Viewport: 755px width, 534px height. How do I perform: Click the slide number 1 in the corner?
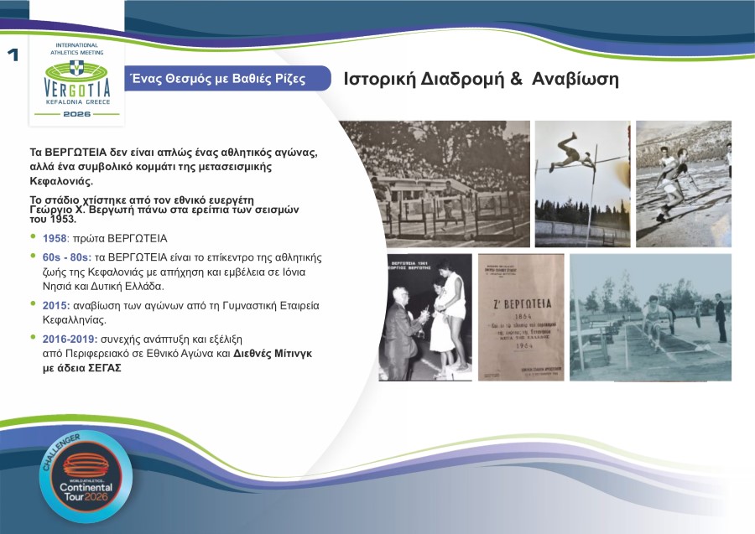click(x=13, y=55)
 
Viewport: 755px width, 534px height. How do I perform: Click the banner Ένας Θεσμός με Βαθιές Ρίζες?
click(x=215, y=79)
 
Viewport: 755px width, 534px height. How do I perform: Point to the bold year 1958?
click(x=55, y=238)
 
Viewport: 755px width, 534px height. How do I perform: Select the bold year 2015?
click(x=55, y=306)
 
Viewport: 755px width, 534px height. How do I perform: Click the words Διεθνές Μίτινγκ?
click(x=273, y=354)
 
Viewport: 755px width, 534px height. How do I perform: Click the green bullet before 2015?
click(x=33, y=306)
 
